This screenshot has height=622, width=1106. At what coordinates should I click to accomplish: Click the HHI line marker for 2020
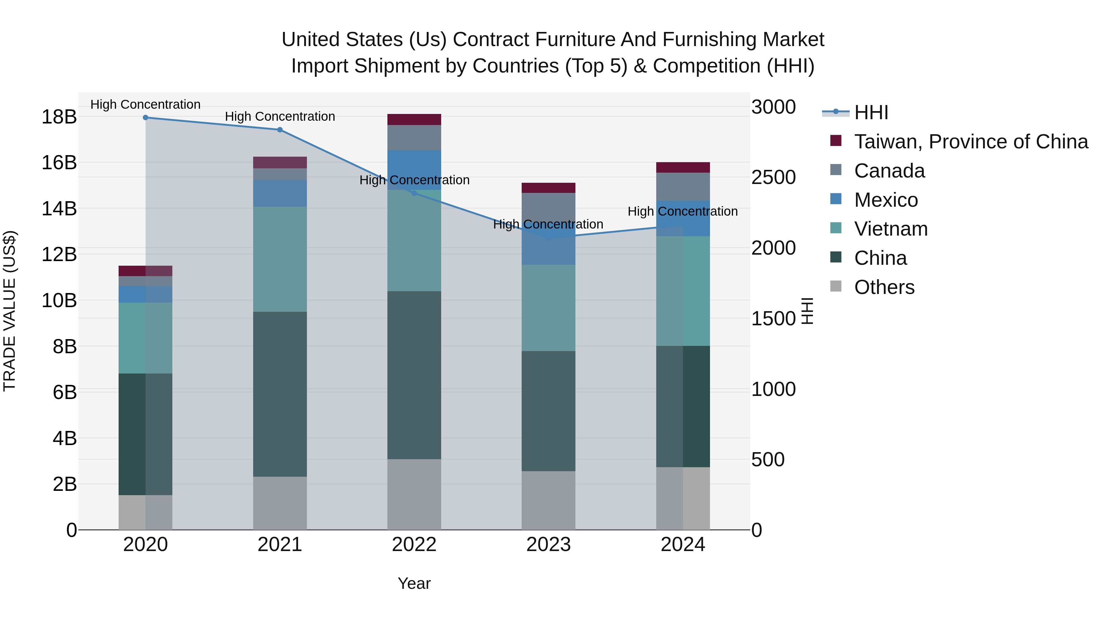tap(146, 118)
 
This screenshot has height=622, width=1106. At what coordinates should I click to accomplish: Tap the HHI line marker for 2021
tap(280, 130)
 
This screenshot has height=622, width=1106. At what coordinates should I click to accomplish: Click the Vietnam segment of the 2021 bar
tap(280, 259)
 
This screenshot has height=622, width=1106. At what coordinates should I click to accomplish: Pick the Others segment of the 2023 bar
tap(548, 501)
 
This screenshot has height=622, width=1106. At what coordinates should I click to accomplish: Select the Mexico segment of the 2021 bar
tap(280, 193)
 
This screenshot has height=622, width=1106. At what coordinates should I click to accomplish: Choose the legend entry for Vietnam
tap(890, 229)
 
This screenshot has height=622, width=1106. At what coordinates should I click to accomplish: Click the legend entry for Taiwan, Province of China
tap(970, 142)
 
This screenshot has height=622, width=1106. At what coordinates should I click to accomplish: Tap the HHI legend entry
tap(871, 112)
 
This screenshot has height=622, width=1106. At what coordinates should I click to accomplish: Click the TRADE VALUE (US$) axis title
tap(10, 311)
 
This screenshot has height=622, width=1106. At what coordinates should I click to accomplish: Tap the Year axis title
tap(414, 583)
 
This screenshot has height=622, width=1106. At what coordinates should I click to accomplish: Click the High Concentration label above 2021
tap(280, 117)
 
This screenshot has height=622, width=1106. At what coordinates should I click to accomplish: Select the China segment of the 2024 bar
tap(683, 406)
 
